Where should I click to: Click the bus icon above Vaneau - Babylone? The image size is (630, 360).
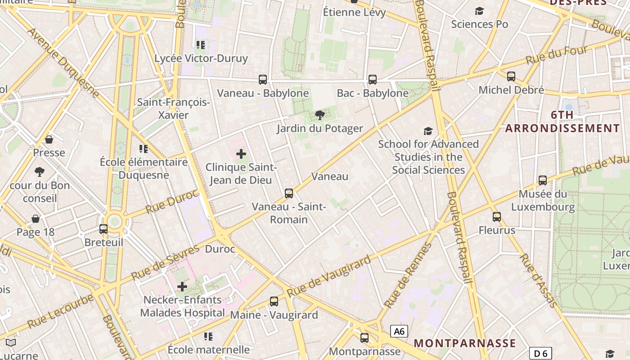tap(263, 80)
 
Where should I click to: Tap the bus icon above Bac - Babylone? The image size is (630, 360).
tap(373, 80)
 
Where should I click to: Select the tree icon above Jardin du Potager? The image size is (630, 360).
tap(320, 115)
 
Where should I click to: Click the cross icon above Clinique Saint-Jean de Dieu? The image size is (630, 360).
tap(241, 154)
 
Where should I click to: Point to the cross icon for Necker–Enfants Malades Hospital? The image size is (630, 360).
tap(182, 286)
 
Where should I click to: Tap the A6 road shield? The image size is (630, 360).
tap(399, 332)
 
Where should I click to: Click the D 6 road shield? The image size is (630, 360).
tap(540, 353)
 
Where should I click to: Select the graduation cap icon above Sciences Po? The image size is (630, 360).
tap(480, 11)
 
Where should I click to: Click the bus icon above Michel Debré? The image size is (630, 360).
tap(511, 76)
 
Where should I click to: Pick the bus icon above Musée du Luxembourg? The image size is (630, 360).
tap(543, 180)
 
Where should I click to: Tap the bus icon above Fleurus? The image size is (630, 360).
tap(497, 217)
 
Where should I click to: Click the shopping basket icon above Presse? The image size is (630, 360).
tap(49, 139)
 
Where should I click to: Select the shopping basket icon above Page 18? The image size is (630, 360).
tap(36, 219)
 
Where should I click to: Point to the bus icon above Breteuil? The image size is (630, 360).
tap(103, 229)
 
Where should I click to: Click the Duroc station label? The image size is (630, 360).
tap(220, 249)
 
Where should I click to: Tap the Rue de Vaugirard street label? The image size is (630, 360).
tap(329, 275)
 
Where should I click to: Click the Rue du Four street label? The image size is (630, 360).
tap(557, 54)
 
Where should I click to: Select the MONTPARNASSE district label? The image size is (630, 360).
tap(465, 343)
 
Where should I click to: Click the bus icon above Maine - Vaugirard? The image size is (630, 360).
tap(274, 301)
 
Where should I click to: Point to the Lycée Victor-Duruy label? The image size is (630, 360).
tap(201, 58)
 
